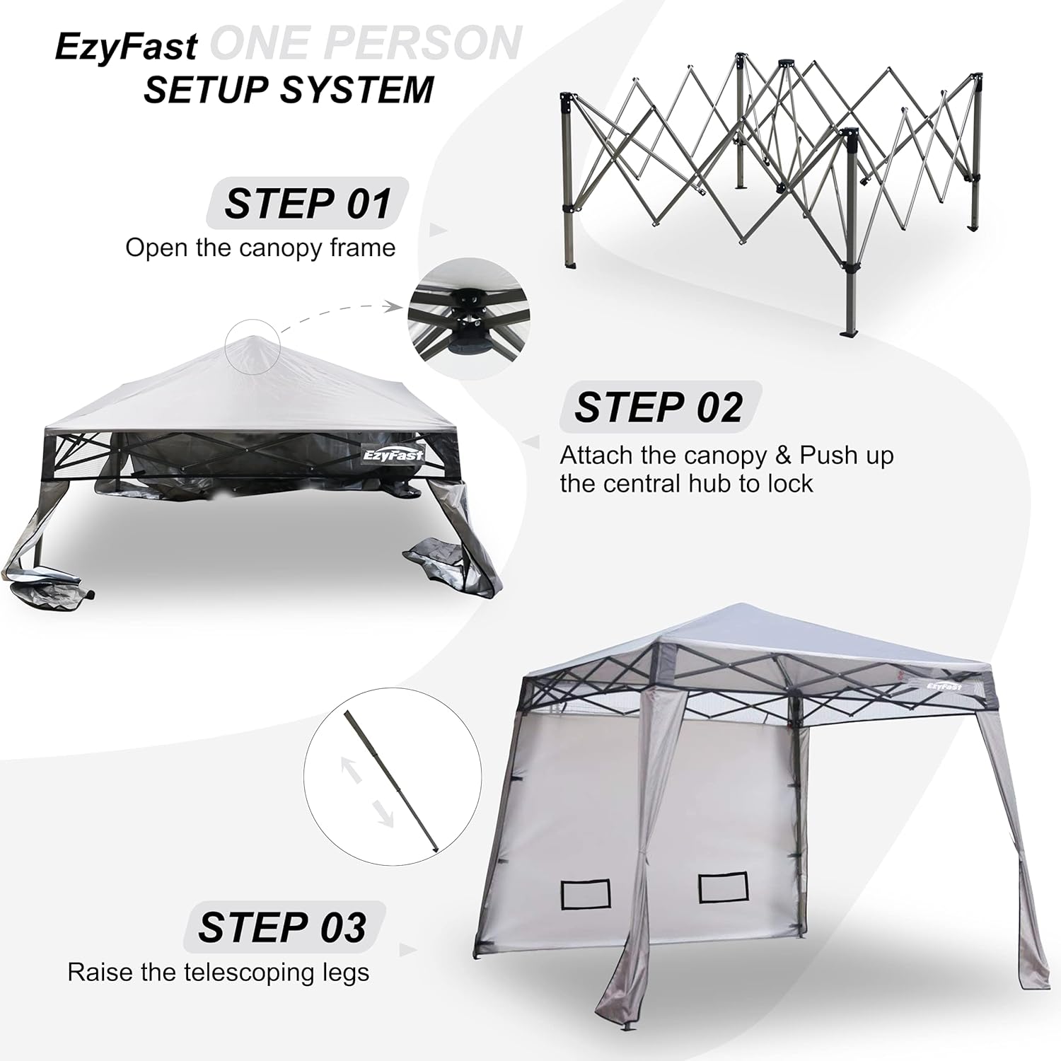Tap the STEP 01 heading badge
point(308,203)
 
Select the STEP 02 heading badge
point(660,407)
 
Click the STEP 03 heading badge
point(284,927)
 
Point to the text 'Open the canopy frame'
point(260,248)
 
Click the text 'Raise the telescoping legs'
point(218,973)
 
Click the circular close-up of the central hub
point(468,312)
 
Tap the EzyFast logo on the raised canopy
point(944,684)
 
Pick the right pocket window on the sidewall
point(723,887)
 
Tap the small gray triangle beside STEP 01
point(439,230)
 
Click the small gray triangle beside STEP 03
point(408,950)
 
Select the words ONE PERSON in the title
point(366,44)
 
